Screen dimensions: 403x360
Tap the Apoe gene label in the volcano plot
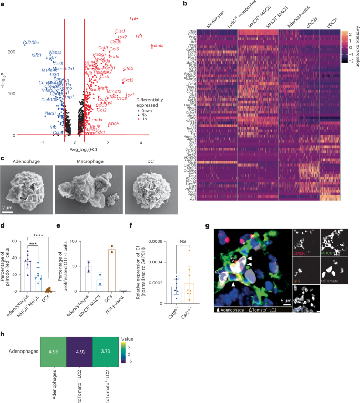[113, 123]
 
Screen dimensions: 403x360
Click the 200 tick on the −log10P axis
[11, 51]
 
